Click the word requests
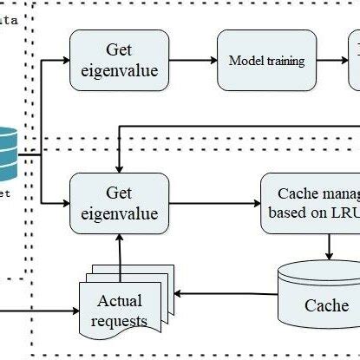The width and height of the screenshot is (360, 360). (122, 321)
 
